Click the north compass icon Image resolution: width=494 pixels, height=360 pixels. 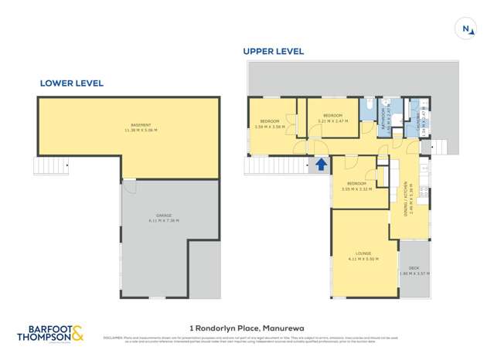click(466, 29)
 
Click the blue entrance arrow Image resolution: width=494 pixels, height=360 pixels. click(320, 164)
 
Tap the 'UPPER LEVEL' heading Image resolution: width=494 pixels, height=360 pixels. click(274, 52)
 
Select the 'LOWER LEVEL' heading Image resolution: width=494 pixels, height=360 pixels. click(72, 83)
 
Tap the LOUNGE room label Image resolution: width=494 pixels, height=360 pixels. click(365, 255)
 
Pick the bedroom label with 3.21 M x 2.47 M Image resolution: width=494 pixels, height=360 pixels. click(333, 119)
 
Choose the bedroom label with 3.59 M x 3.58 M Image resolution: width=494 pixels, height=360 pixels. click(269, 123)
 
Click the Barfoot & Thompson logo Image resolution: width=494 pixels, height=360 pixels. click(50, 333)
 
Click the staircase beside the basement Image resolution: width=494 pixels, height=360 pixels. click(51, 165)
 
